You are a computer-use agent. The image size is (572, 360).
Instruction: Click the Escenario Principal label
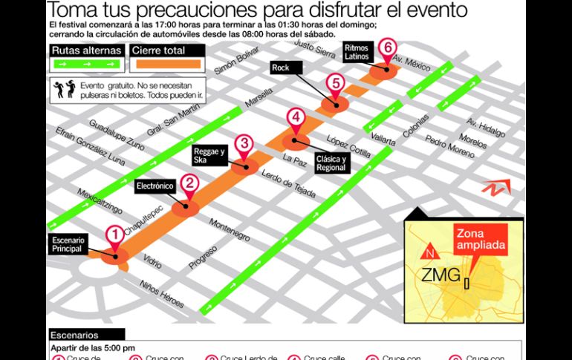pyautogui.click(x=70, y=245)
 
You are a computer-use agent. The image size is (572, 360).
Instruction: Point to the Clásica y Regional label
pyautogui.click(x=331, y=163)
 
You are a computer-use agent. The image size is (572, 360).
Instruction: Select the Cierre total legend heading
pyautogui.click(x=157, y=50)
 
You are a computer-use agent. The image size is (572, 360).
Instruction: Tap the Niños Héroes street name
pyautogui.click(x=162, y=295)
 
